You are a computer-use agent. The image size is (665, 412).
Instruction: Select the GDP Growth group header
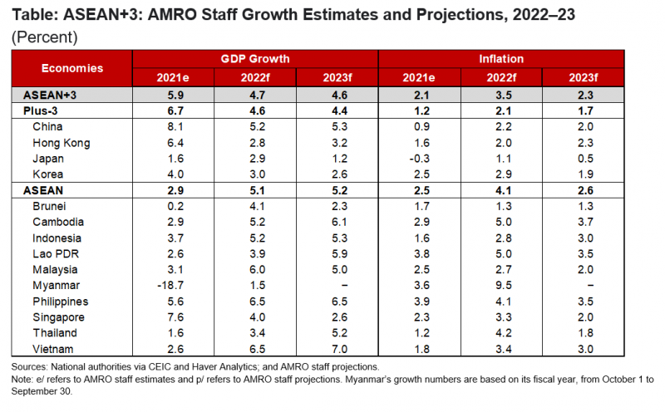255,59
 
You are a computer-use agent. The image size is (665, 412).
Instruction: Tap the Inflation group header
501,59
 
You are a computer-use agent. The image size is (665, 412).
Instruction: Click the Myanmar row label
55,285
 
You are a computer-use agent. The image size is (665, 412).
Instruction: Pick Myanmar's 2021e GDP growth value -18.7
173,285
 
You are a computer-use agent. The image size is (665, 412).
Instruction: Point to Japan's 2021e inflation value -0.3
419,158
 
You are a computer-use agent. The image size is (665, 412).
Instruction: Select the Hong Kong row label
62,142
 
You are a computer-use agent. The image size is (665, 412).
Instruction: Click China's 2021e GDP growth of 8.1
173,126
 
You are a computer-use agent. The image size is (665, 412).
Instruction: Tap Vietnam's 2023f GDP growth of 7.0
337,349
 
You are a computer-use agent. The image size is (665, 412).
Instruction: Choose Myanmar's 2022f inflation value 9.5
501,285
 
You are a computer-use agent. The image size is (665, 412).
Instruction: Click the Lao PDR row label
55,253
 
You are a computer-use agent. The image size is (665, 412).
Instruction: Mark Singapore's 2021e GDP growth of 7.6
173,316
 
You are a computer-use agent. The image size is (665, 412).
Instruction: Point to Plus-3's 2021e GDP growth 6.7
173,110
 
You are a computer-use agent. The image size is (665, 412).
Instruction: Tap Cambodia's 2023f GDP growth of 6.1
337,222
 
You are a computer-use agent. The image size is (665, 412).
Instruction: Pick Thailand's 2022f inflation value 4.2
501,333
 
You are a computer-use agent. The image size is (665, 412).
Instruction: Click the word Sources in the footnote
30,366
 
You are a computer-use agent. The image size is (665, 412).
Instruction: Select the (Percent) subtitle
43,37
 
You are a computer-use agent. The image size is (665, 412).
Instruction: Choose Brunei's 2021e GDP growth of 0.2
173,206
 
